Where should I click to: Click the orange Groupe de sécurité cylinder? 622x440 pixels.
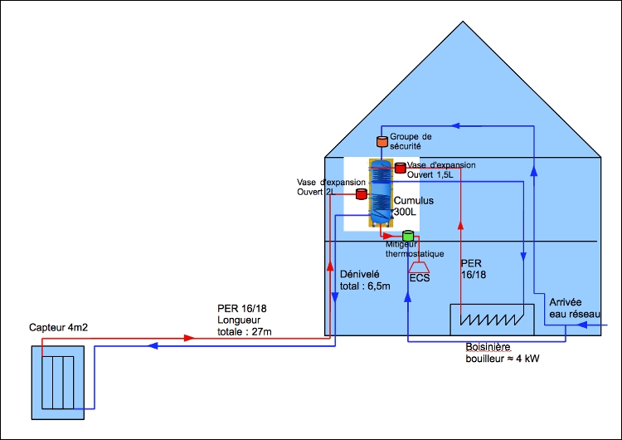click(381, 141)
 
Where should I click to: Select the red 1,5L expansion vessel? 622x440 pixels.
click(401, 168)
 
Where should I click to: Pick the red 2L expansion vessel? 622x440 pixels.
click(362, 194)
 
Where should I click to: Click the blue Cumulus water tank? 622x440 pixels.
click(381, 193)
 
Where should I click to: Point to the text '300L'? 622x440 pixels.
click(406, 213)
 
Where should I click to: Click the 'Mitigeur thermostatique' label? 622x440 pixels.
click(415, 249)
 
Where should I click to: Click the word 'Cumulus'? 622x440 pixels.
click(413, 201)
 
